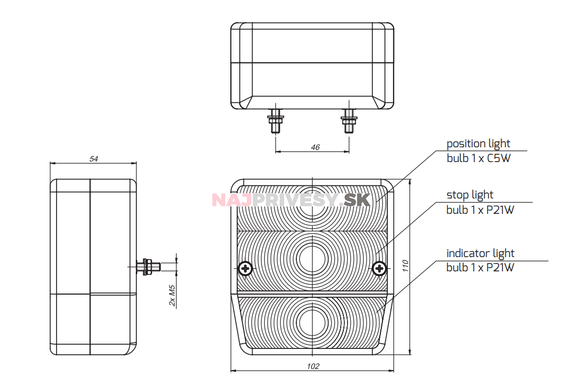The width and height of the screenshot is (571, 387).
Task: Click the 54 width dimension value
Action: tap(93, 159)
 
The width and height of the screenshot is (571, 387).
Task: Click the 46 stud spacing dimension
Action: tap(315, 147)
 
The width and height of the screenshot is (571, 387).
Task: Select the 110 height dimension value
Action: tap(406, 266)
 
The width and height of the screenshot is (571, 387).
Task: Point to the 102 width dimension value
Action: tap(313, 366)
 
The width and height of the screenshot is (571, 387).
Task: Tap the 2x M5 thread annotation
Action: tap(172, 295)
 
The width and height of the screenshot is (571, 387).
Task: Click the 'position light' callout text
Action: tap(478, 144)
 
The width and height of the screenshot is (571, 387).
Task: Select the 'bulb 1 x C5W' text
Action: tap(479, 158)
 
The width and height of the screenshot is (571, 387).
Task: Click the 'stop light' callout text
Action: tap(470, 195)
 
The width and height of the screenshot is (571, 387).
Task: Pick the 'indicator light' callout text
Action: tap(480, 253)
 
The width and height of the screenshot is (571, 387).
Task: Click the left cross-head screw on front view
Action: tap(246, 269)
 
